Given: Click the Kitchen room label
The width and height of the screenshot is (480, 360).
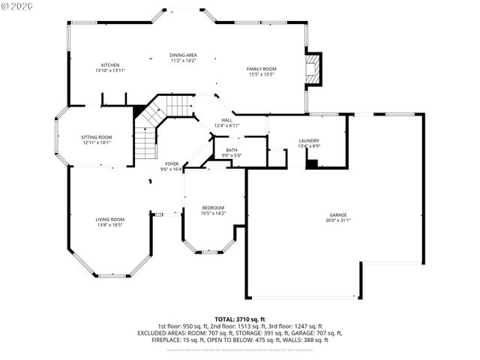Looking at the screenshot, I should coord(110,65).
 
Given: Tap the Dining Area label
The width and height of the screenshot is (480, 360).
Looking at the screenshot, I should coord(182,55).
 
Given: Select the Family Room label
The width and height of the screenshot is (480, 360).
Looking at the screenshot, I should coord(262,69).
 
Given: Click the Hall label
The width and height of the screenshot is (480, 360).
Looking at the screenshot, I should coord(226,120).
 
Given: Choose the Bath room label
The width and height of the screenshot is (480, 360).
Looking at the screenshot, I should coord(229,151).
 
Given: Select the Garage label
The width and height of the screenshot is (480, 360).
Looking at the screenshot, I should coord(338,214).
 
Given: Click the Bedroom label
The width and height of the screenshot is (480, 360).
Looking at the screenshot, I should coord(213,208).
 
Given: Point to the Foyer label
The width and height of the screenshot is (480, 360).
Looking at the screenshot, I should coord(172,164).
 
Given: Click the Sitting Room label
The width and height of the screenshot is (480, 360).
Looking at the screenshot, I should coord(96,137).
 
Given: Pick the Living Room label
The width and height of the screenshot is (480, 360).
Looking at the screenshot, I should coord(109,219).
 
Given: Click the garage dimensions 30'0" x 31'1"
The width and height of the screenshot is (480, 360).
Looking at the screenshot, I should coord(338,220).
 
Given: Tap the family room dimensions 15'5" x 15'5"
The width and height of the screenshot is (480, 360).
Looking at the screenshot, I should coord(262,74).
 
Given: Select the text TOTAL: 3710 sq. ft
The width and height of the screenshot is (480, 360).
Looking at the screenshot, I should coord(240,319).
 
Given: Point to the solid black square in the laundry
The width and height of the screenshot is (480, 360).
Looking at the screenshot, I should coord(312,163).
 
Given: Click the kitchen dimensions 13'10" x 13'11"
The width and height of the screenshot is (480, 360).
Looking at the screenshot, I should coord(110,70).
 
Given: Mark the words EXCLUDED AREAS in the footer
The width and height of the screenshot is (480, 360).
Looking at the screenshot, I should coord(162,332).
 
